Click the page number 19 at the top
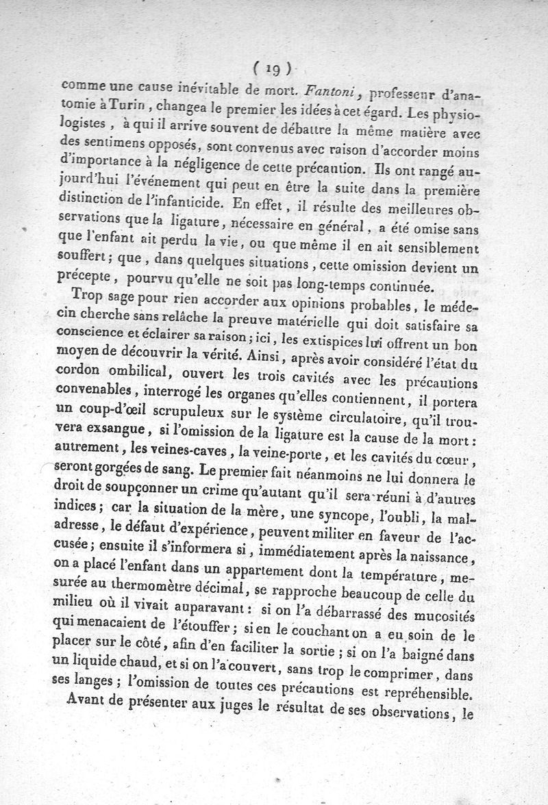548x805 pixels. [272, 68]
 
